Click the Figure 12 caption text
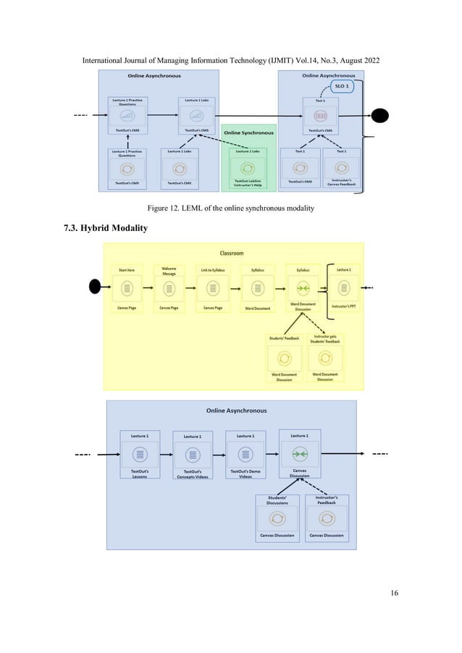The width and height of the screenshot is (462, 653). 230,208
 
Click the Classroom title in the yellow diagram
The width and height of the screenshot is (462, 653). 232,253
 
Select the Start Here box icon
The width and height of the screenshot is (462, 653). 127,288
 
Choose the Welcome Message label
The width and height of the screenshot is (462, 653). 169,271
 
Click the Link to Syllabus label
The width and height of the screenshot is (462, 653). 213,271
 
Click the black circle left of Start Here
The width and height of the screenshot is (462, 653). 95,287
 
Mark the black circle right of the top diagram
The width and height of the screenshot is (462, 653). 380,116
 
